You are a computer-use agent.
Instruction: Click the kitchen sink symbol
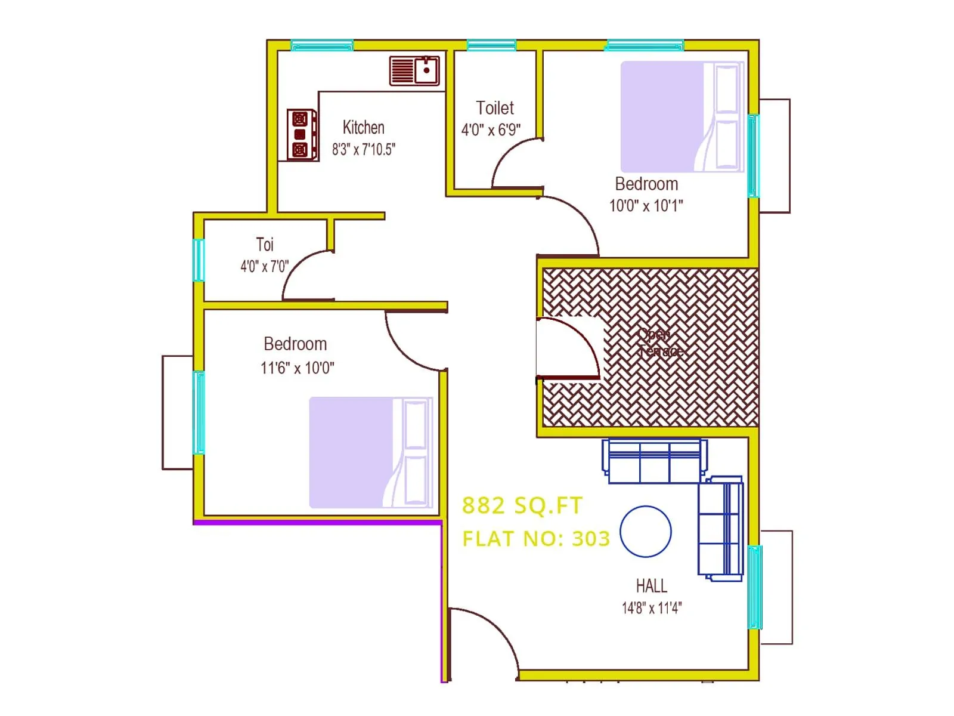tap(414, 70)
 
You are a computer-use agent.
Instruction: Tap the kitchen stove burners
tap(301, 134)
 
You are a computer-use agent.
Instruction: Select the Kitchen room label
tap(363, 127)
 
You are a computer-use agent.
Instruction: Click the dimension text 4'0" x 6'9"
tap(491, 129)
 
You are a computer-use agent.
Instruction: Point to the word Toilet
tap(495, 108)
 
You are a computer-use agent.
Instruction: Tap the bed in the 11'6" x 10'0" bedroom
tap(370, 452)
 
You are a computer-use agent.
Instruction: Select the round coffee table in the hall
tap(646, 532)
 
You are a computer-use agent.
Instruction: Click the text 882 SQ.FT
tap(522, 506)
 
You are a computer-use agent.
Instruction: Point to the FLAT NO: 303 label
tap(536, 539)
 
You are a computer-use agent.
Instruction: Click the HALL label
tap(651, 586)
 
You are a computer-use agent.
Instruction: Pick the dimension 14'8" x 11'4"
tap(651, 608)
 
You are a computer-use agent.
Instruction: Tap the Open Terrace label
tap(659, 342)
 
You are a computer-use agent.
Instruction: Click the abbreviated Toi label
tap(265, 245)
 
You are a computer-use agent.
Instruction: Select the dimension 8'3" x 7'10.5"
tap(363, 149)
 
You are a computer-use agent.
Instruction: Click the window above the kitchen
tap(322, 45)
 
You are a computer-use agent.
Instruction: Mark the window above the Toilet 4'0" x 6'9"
tap(491, 45)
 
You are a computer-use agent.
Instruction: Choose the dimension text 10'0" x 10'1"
tap(646, 206)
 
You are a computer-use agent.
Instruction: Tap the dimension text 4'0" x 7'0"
tap(264, 266)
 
